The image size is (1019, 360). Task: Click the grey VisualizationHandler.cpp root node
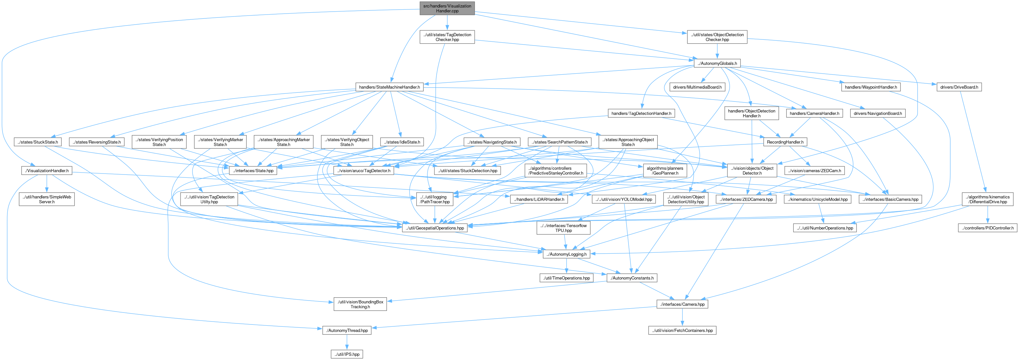[447, 8]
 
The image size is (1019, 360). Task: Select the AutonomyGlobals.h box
[717, 63]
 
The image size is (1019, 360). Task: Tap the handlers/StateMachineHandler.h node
[389, 87]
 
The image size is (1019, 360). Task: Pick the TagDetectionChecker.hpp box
[447, 37]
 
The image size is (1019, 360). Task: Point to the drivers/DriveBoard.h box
[959, 87]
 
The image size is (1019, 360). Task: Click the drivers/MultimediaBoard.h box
[697, 87]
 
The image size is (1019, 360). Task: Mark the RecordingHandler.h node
[785, 142]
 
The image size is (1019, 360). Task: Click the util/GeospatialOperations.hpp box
[435, 228]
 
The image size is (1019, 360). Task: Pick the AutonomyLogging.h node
[566, 254]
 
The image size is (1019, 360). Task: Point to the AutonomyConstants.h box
[632, 278]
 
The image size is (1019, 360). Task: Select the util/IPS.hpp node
[347, 354]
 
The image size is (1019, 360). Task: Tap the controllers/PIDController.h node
[987, 228]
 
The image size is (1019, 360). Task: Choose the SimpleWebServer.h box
[47, 199]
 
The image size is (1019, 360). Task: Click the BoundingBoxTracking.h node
[360, 304]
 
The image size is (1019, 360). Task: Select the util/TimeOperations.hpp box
[566, 278]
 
